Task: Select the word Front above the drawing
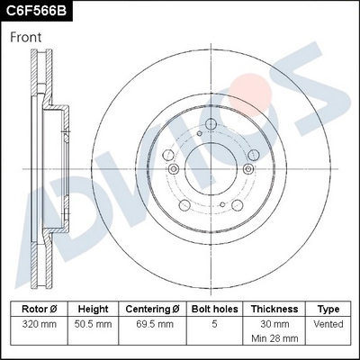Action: (x=27, y=38)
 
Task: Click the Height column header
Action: (x=93, y=309)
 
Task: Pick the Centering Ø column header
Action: (x=152, y=309)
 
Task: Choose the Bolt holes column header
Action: (x=213, y=309)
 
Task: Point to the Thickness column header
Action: (x=274, y=309)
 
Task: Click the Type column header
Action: (x=328, y=309)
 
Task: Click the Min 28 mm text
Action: (x=274, y=340)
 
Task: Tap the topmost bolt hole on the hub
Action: (x=211, y=124)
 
